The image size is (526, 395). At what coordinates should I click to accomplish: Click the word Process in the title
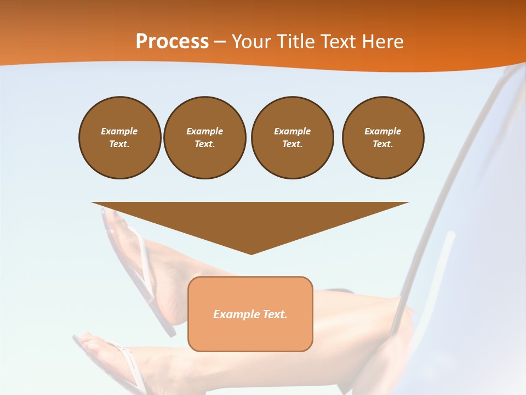click(x=172, y=42)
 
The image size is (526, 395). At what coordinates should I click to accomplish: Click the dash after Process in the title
click(x=220, y=42)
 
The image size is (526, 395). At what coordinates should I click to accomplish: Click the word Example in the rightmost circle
click(x=382, y=131)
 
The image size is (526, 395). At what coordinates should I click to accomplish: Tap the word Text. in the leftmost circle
click(x=119, y=144)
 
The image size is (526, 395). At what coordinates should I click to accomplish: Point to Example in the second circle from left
click(x=204, y=131)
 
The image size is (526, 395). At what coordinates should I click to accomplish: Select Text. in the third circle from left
click(x=292, y=144)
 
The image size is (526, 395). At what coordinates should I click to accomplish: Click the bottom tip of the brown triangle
click(x=251, y=253)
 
